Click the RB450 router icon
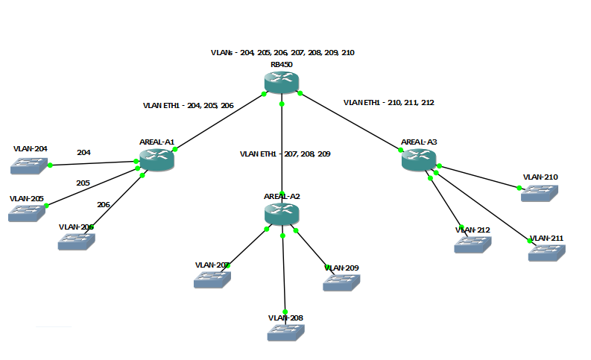pyautogui.click(x=282, y=83)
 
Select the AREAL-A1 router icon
pyautogui.click(x=157, y=159)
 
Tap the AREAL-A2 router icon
pyautogui.click(x=282, y=214)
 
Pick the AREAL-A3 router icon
pyautogui.click(x=419, y=159)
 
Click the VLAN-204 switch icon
pyautogui.click(x=30, y=165)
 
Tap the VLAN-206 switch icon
pyautogui.click(x=77, y=241)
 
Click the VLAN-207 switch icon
pyautogui.click(x=212, y=280)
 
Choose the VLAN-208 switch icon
pyautogui.click(x=286, y=332)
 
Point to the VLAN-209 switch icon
pyautogui.click(x=341, y=282)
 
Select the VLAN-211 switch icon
pyautogui.click(x=547, y=252)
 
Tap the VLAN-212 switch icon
pyautogui.click(x=473, y=244)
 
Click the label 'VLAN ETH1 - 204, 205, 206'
pyautogui.click(x=188, y=106)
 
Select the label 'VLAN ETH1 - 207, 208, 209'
pyautogui.click(x=285, y=154)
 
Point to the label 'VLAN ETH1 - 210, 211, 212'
pyautogui.click(x=388, y=102)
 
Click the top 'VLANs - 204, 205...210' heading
pyautogui.click(x=282, y=53)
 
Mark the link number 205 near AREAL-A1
pyautogui.click(x=83, y=182)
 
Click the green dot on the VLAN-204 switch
pyautogui.click(x=50, y=165)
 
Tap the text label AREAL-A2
pyautogui.click(x=282, y=196)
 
